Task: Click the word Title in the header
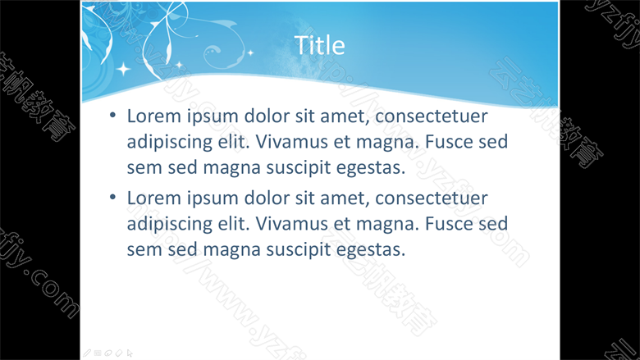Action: point(319,45)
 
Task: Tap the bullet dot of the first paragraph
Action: point(113,115)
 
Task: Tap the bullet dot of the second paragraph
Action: point(113,198)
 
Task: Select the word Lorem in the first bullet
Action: point(154,116)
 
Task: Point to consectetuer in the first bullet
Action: point(432,116)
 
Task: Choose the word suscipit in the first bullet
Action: point(299,168)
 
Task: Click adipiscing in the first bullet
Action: point(169,143)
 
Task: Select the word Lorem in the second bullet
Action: point(154,198)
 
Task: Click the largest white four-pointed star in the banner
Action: point(123,69)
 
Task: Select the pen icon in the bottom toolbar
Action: point(87,353)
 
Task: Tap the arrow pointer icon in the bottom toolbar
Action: point(130,353)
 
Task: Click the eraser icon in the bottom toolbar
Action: point(119,353)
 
